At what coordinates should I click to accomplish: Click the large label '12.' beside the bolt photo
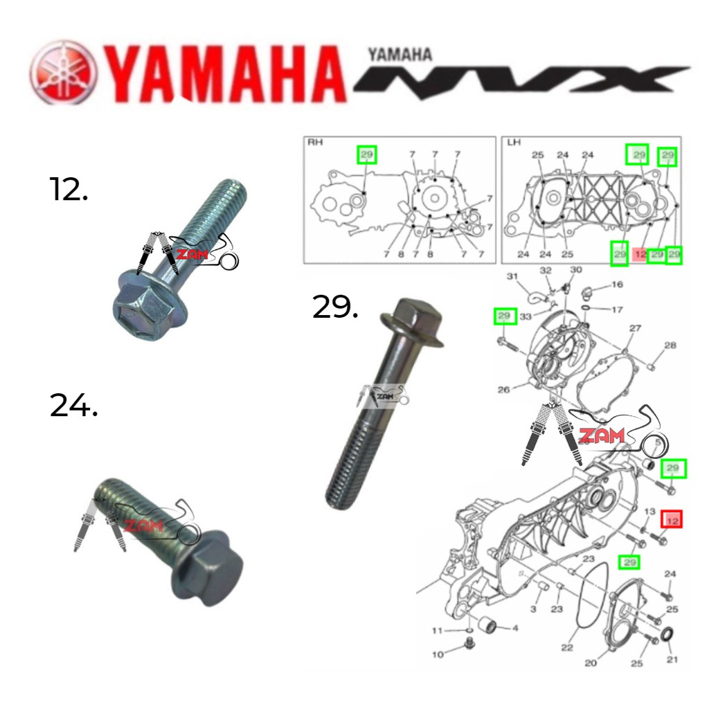click(x=69, y=188)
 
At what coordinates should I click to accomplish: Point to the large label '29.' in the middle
click(x=336, y=307)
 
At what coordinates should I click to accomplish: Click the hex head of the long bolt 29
click(x=412, y=319)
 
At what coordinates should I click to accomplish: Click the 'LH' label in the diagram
click(x=513, y=142)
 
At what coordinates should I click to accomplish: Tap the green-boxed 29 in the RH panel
click(x=366, y=154)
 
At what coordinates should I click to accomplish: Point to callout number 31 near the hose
click(x=512, y=277)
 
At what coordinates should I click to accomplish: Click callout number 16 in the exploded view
click(x=617, y=284)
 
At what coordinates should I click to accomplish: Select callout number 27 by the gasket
click(x=635, y=328)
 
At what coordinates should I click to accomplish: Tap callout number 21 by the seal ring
click(x=672, y=659)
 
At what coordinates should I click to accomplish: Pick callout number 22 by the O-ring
click(x=567, y=647)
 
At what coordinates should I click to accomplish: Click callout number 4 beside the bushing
click(x=514, y=628)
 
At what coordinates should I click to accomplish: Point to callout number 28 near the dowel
click(x=670, y=345)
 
